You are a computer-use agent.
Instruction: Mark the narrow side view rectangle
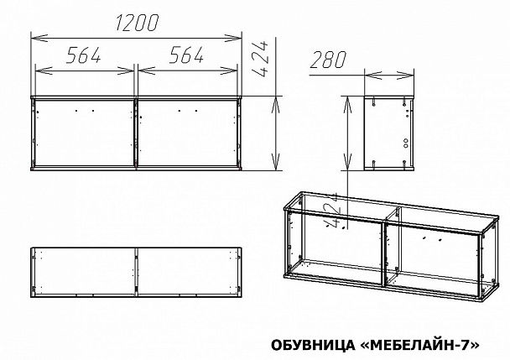390,133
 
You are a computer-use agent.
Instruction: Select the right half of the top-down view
188,270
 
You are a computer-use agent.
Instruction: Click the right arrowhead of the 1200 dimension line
238,36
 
